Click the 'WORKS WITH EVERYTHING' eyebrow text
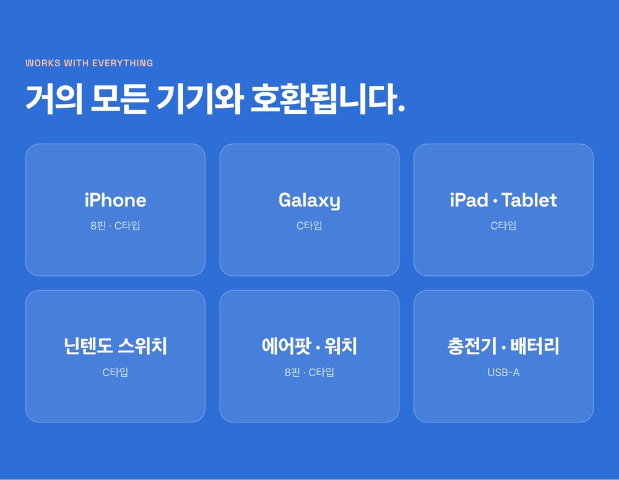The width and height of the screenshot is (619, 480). [x=89, y=63]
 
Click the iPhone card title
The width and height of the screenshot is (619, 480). [x=115, y=200]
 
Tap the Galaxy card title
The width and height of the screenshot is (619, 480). [x=309, y=201]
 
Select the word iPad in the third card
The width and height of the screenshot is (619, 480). [x=469, y=200]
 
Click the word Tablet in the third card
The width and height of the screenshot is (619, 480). [x=529, y=200]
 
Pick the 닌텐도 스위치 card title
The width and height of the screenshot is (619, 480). [x=115, y=346]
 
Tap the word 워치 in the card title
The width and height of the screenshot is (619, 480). [x=340, y=346]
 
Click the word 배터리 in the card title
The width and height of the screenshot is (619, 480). [x=535, y=346]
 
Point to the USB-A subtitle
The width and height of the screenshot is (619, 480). [x=503, y=372]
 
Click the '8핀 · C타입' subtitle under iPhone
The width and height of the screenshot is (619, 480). [x=115, y=226]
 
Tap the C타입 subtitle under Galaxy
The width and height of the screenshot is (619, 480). [x=309, y=226]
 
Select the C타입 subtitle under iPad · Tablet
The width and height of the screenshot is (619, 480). [x=503, y=226]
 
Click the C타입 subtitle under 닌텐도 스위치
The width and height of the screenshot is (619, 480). [x=115, y=372]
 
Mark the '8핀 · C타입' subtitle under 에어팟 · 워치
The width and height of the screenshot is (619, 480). [x=309, y=372]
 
